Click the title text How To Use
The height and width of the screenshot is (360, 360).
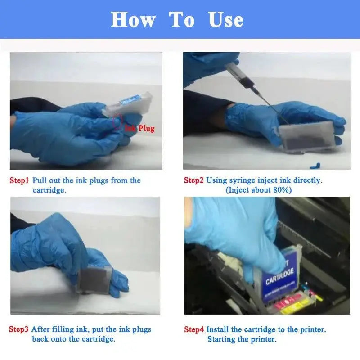point(177,20)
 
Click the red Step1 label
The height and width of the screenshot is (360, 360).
point(19,180)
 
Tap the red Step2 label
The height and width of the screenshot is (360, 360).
point(193,180)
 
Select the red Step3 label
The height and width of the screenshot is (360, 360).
point(19,329)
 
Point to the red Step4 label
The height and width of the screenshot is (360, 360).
point(193,329)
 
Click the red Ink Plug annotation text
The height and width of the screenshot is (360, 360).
point(140,129)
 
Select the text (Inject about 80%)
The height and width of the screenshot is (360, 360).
point(258,190)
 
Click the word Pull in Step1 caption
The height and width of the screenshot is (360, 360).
point(39,180)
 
